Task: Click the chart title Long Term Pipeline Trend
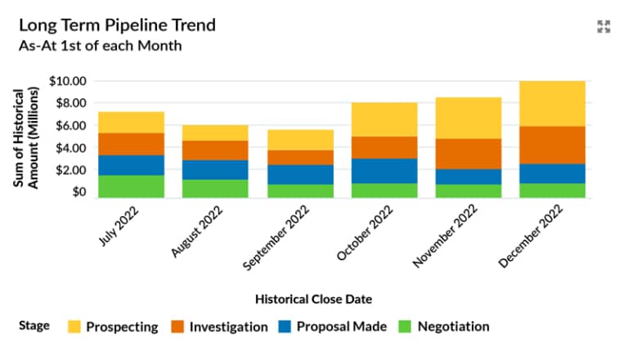(117, 25)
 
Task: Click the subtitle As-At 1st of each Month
(100, 46)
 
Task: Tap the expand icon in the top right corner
(603, 27)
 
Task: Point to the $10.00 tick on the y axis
(67, 81)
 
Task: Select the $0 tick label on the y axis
(78, 192)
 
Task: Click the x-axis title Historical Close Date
(313, 299)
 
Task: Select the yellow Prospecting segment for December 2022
(553, 103)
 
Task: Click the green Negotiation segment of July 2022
(131, 186)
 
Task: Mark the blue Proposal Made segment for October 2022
(384, 170)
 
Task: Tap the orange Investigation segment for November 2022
(469, 153)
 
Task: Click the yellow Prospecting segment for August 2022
(215, 133)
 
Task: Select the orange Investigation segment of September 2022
(299, 157)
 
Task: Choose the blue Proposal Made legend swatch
(283, 326)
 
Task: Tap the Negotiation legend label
(453, 326)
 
